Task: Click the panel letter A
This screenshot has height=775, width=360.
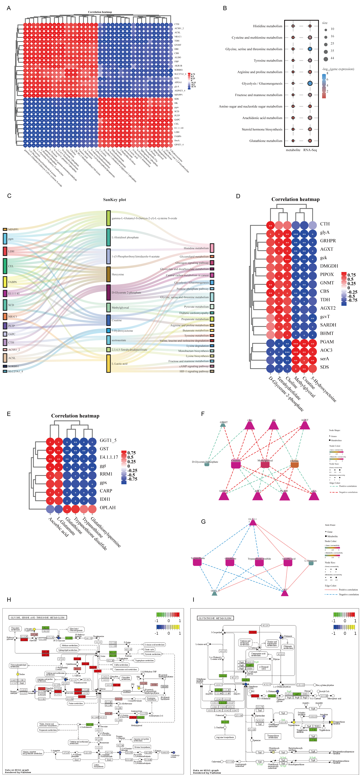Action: point(9,8)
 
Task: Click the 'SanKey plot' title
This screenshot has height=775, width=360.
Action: point(114,200)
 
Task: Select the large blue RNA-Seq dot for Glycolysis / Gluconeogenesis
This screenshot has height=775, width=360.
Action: point(310,83)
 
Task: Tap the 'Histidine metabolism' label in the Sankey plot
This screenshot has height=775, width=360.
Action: point(196,248)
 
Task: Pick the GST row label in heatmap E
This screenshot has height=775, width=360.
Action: point(104,449)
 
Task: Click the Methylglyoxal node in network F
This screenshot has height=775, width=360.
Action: point(265,464)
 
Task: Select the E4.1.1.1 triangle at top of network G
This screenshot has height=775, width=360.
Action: point(253,523)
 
